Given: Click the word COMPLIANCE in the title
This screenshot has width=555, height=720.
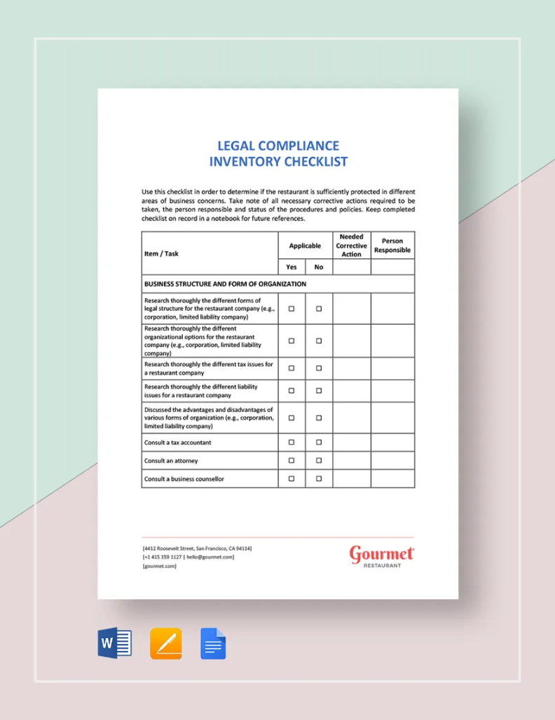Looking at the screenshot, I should (299, 146).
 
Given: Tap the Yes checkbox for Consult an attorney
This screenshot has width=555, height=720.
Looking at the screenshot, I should (292, 460).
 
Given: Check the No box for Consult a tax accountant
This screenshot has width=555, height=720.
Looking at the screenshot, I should (319, 442).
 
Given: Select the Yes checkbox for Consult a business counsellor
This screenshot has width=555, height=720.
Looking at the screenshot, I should (292, 479).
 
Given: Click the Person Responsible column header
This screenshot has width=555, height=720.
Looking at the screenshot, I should (392, 246).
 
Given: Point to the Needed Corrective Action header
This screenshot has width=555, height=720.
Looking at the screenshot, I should (351, 246).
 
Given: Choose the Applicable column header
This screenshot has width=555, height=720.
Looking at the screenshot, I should (305, 246).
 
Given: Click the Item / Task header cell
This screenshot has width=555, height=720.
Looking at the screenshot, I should (161, 253).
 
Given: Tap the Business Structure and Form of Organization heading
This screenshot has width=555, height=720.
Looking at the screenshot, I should (225, 284).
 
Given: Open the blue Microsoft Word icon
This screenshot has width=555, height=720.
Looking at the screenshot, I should (114, 643).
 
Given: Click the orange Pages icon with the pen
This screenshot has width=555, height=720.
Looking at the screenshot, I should (166, 643).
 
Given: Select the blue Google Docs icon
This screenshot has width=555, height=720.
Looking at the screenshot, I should (213, 643).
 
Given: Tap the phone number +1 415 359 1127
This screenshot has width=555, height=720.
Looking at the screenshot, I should (163, 557).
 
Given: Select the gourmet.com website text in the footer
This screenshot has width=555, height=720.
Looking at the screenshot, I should (159, 566).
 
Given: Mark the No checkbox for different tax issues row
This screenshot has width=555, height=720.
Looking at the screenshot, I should (319, 368).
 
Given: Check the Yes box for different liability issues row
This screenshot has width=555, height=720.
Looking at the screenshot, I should (292, 390).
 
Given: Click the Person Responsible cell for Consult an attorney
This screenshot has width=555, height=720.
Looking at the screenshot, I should (392, 460).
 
